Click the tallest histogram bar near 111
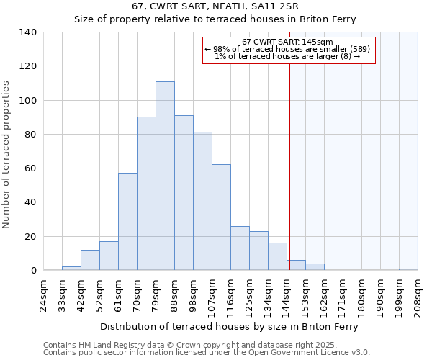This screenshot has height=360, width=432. click(x=165, y=176)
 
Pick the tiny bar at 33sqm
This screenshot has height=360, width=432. click(x=71, y=269)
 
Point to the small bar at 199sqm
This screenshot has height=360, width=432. click(x=408, y=269)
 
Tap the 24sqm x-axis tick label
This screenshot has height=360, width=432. click(x=44, y=295)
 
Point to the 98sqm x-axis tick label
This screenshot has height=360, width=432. click(x=194, y=295)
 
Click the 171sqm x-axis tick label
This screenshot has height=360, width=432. click(x=343, y=295)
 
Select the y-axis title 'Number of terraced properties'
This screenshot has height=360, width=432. click(x=6, y=155)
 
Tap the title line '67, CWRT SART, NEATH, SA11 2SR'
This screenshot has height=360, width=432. click(x=215, y=6)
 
